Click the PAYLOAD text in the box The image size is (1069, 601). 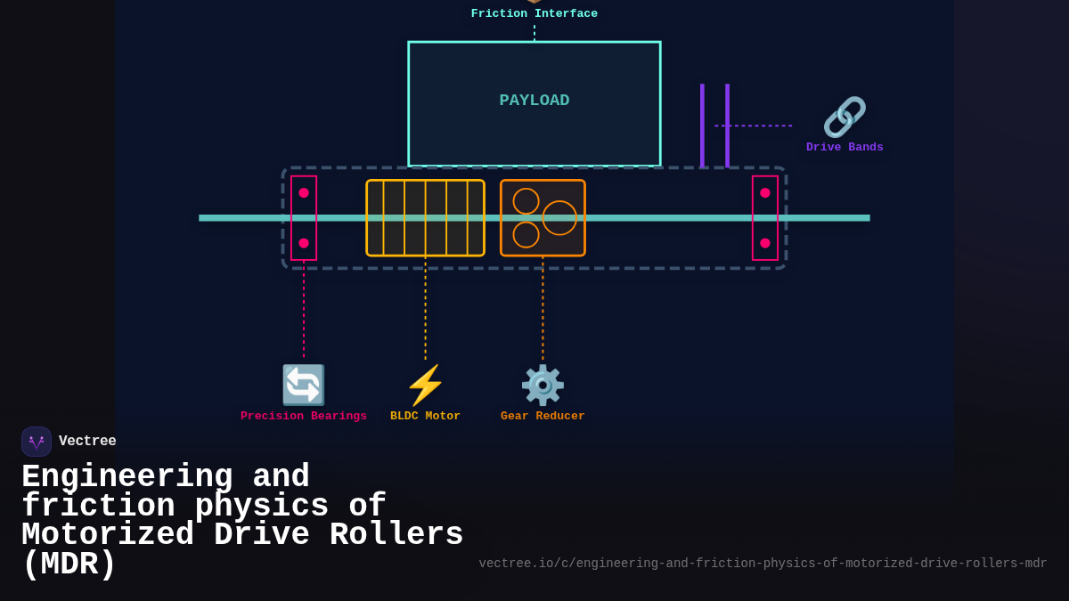pos(534,101)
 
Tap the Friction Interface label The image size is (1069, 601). pos(534,13)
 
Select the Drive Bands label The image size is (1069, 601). pos(845,148)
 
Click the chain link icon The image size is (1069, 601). pos(845,117)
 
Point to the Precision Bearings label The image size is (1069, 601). pos(304,417)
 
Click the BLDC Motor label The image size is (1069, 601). pos(425,417)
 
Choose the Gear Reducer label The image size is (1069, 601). pos(543,417)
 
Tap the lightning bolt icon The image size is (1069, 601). pos(425,385)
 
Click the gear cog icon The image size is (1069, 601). pos(543,385)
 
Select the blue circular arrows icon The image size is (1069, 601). pos(304,385)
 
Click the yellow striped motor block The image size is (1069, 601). pos(425,218)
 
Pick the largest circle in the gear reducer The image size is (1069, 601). pos(559,218)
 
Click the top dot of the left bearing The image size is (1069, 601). pos(304,192)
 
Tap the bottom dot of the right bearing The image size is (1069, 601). pos(765,243)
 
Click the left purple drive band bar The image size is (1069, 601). pos(702,126)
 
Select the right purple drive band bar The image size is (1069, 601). pos(727,126)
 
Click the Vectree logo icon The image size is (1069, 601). pos(37,442)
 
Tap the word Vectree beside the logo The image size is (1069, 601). pos(87,442)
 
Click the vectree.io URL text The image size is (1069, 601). pos(763,564)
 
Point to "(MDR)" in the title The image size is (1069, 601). pos(69,564)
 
